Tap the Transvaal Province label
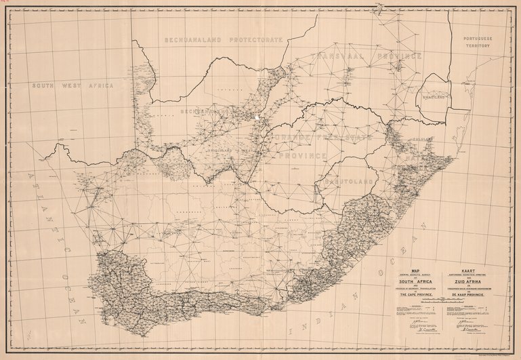pos(367,59)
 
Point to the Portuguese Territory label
pos(478,45)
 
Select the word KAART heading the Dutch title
pos(470,269)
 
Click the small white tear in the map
pos(258,117)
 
